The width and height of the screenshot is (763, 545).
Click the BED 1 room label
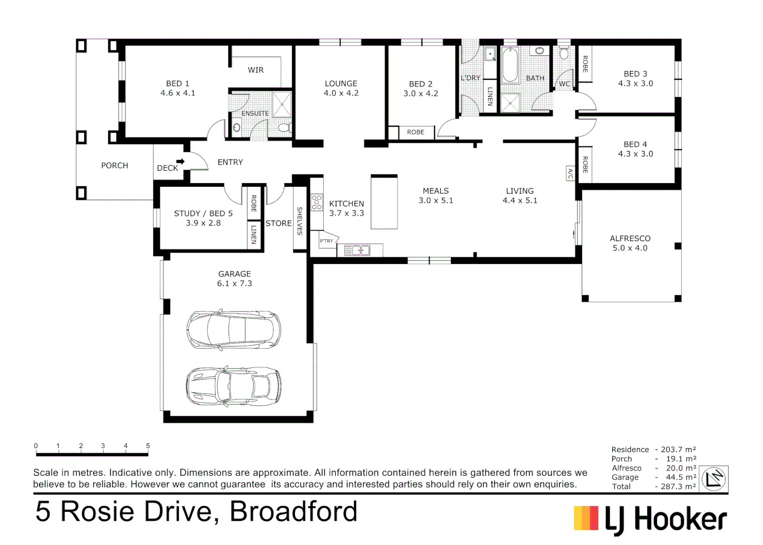(x=178, y=83)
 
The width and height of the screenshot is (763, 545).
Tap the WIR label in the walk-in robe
(x=256, y=70)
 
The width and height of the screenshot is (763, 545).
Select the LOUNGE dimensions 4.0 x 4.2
(x=341, y=93)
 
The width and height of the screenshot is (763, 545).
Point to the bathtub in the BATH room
(x=510, y=65)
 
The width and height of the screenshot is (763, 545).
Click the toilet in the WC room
(x=564, y=53)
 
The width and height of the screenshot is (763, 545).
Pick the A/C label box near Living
(x=570, y=173)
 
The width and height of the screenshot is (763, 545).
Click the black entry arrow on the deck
(x=180, y=161)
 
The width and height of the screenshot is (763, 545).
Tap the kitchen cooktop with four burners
(x=317, y=202)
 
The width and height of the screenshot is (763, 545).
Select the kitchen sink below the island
(x=357, y=250)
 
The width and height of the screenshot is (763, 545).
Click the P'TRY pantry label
(x=327, y=241)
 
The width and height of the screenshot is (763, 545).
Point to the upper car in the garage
(x=233, y=330)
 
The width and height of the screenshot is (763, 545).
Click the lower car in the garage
(x=233, y=386)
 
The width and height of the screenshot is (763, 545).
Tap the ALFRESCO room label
(x=630, y=238)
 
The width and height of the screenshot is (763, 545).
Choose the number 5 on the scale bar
(x=148, y=446)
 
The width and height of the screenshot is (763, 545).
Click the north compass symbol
(x=714, y=478)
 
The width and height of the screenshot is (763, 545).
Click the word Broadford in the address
(x=294, y=511)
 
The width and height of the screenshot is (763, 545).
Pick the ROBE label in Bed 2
(x=416, y=132)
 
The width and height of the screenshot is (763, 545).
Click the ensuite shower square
(x=281, y=104)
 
